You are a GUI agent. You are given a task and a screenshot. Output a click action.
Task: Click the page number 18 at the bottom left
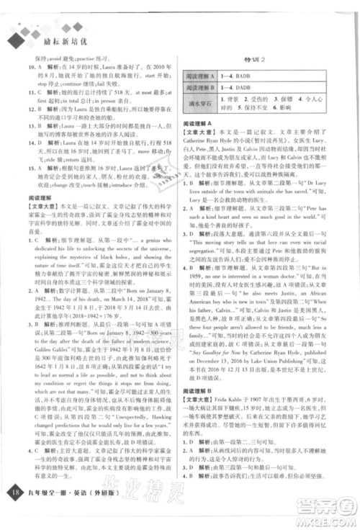point(15,513)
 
